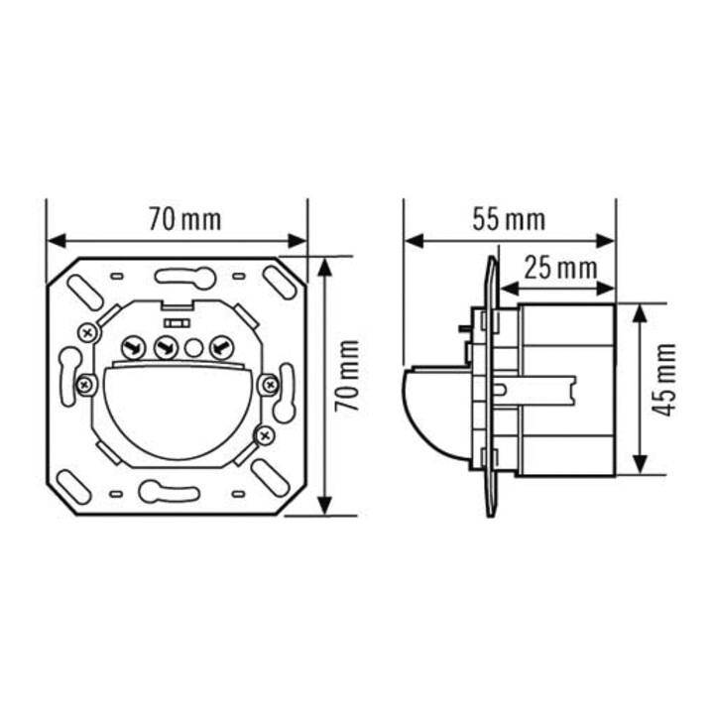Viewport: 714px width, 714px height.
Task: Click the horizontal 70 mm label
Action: tap(184, 220)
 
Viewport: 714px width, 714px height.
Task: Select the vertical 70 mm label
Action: tap(346, 376)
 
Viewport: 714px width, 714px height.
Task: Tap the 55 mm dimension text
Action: tap(509, 219)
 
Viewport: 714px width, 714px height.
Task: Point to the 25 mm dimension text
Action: tap(560, 268)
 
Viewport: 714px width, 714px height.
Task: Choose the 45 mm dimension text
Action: tap(663, 380)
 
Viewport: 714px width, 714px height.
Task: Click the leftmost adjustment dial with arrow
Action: tap(133, 348)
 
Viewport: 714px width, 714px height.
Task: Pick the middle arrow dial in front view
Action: tap(167, 348)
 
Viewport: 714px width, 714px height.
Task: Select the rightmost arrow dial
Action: tap(221, 348)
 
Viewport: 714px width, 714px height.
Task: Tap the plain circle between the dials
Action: tap(193, 348)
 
